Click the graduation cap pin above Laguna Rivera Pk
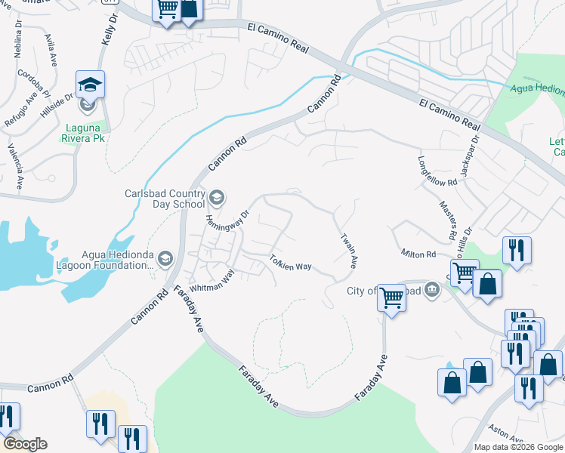(x=90, y=87)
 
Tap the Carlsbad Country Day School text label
(x=165, y=198)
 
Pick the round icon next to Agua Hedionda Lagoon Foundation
(x=165, y=260)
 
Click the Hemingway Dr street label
(x=227, y=222)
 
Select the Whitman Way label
(x=212, y=282)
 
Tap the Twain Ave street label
(x=348, y=251)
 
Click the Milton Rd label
(x=419, y=254)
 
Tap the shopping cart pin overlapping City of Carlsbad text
(x=391, y=297)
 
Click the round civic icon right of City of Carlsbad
(x=431, y=288)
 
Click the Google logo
(x=25, y=444)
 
